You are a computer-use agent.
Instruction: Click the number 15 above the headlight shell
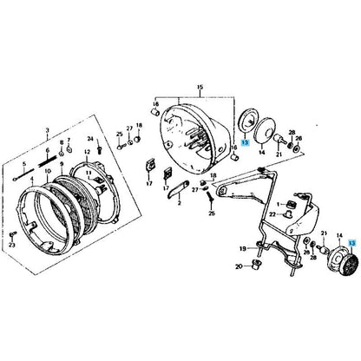(x=199, y=88)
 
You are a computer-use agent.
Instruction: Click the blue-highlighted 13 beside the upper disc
(x=246, y=141)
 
